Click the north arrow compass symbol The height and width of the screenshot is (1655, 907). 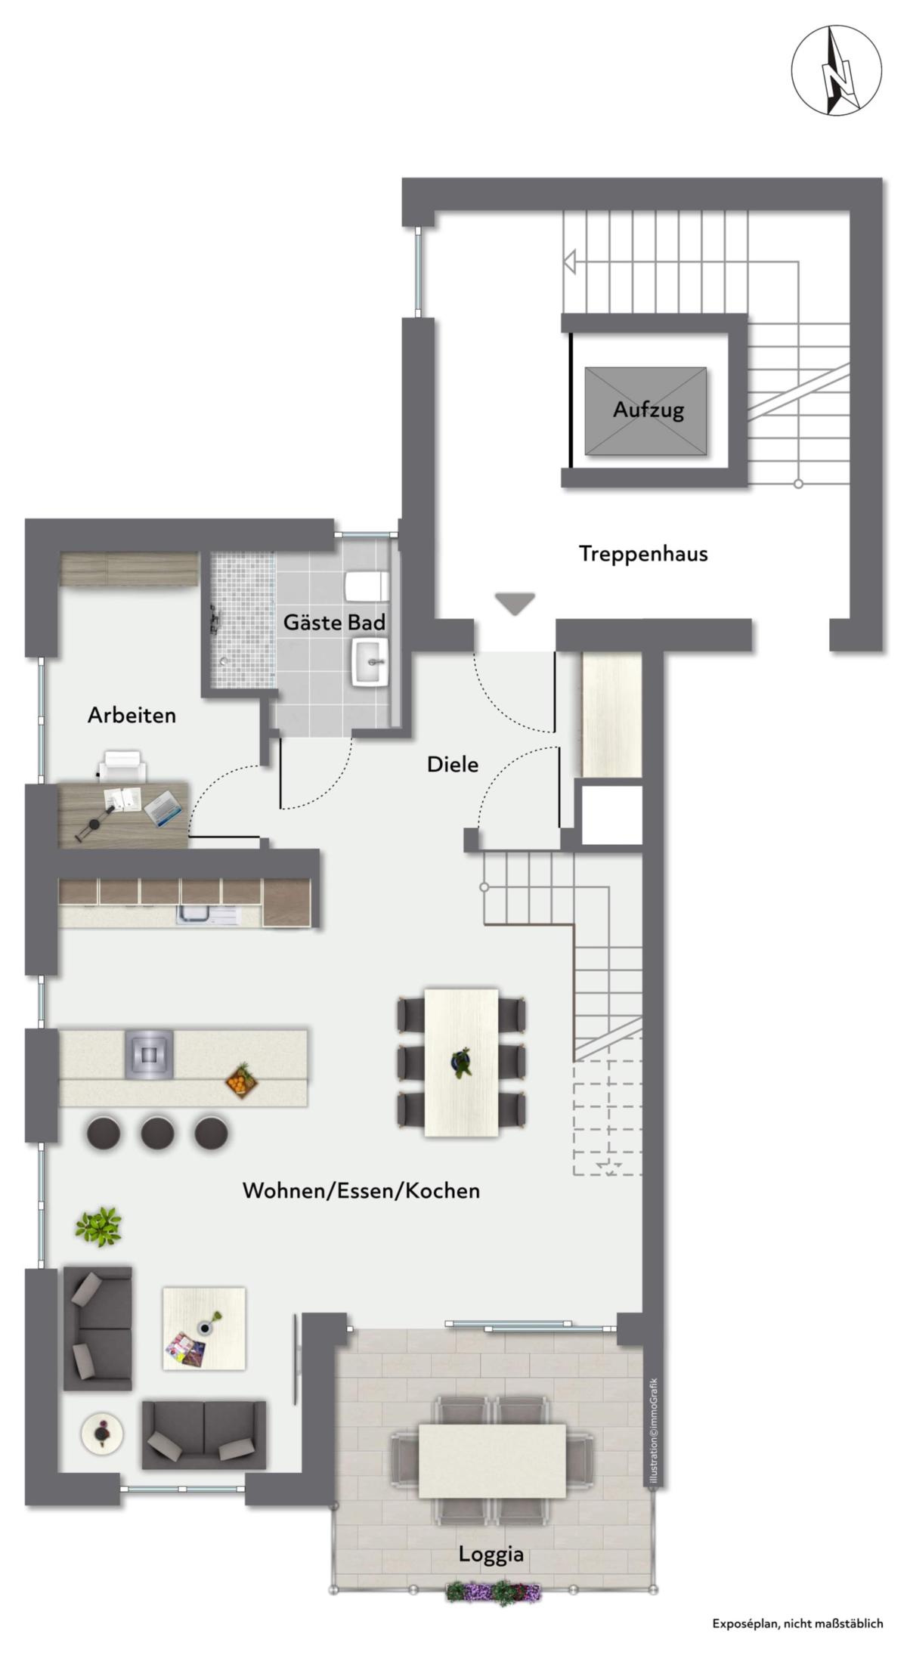coord(836,70)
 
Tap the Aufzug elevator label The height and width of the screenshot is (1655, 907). coord(648,410)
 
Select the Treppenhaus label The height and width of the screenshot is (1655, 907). coord(643,553)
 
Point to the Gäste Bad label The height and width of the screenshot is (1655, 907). coord(334,622)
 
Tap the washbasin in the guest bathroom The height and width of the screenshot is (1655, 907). coord(370,661)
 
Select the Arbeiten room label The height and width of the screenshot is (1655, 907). coord(132,715)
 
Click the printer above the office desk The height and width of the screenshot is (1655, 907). coord(122,765)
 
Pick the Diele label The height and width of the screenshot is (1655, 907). coord(453,764)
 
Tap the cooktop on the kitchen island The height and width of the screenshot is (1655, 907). coord(149,1053)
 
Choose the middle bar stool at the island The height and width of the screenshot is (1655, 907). coord(157,1133)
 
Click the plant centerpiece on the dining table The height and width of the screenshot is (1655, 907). coord(460,1061)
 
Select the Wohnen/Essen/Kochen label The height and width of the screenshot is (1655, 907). coord(361,1190)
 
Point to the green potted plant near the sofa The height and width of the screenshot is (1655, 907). coord(98,1226)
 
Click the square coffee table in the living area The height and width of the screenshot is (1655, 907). coord(204,1328)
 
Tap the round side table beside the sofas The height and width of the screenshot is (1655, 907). coord(101,1431)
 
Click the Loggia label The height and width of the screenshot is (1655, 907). coord(491,1554)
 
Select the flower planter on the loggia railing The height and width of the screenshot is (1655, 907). coord(494,1593)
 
